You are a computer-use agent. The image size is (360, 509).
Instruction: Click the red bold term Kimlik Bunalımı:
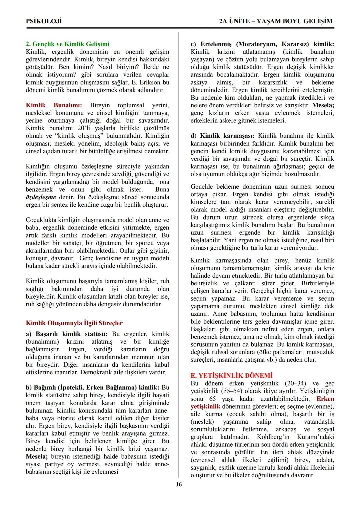pyautogui.click(x=54, y=105)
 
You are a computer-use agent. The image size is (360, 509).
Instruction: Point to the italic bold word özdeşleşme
pyautogui.click(x=41, y=197)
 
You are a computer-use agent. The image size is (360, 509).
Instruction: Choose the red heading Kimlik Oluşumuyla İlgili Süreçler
pyautogui.click(x=74, y=323)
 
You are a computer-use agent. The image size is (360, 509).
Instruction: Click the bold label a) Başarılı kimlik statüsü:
pyautogui.click(x=67, y=334)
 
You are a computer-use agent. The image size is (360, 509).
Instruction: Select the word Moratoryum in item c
pyautogui.click(x=257, y=44)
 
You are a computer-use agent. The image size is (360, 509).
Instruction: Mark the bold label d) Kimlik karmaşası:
pyautogui.click(x=222, y=136)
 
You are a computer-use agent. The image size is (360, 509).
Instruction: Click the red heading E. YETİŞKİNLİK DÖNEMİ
pyautogui.click(x=231, y=376)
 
